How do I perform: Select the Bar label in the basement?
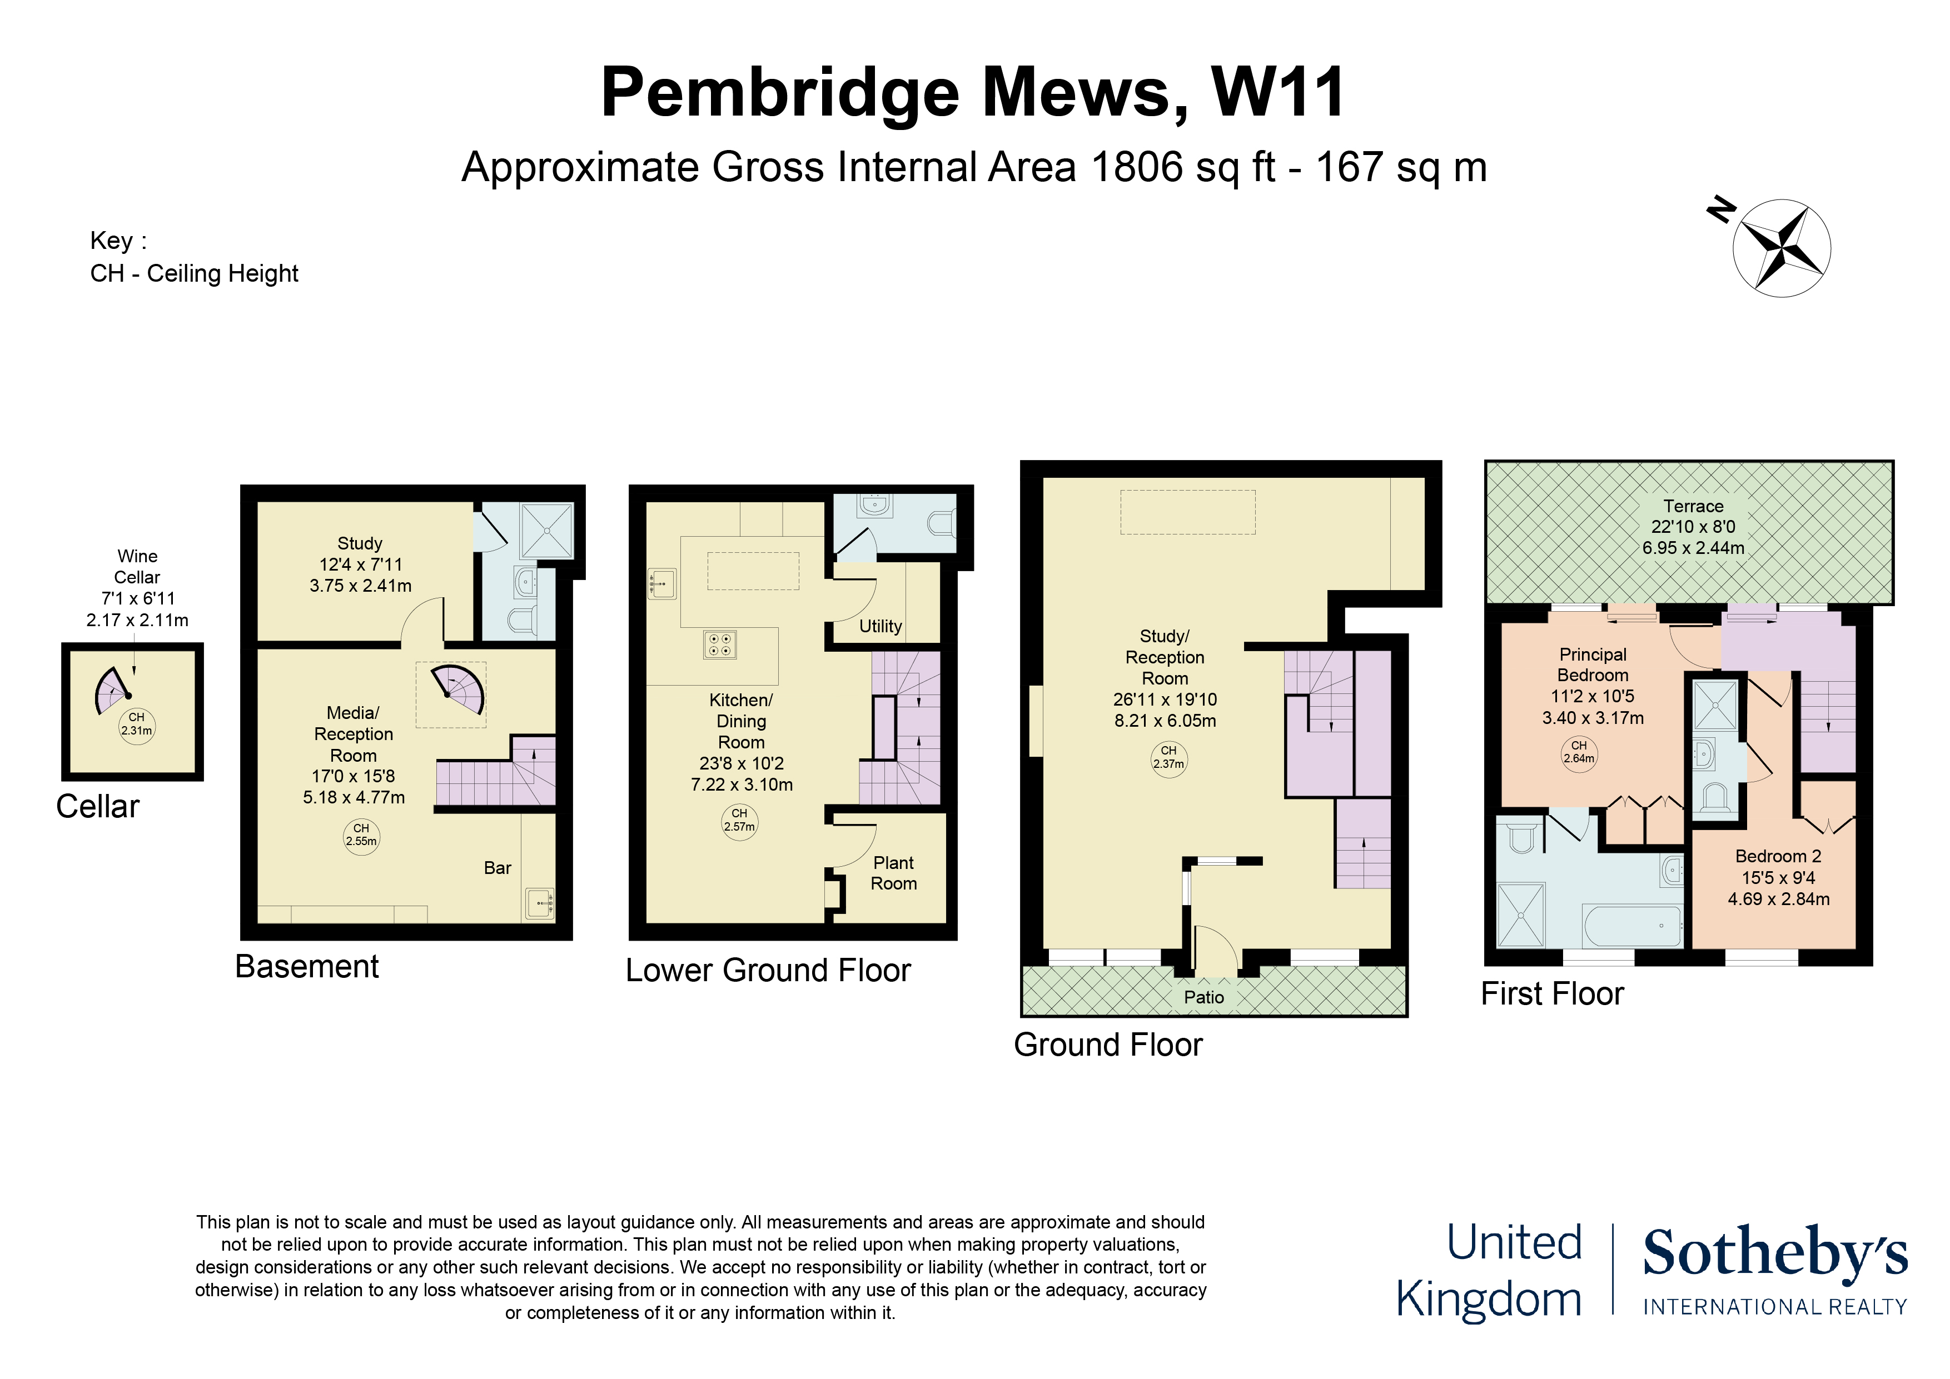pyautogui.click(x=497, y=868)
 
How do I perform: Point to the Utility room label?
pyautogui.click(x=880, y=626)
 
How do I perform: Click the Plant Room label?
pyautogui.click(x=893, y=873)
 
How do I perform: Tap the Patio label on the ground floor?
pyautogui.click(x=1203, y=997)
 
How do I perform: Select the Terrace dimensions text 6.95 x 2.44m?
pyautogui.click(x=1693, y=548)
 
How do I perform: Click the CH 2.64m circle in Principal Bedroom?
pyautogui.click(x=1579, y=752)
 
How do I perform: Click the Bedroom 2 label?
pyautogui.click(x=1778, y=856)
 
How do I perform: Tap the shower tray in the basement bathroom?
pyautogui.click(x=547, y=531)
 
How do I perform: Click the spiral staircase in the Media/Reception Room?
pyautogui.click(x=459, y=689)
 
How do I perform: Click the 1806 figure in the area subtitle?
pyautogui.click(x=1136, y=167)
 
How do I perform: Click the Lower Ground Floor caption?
pyautogui.click(x=768, y=970)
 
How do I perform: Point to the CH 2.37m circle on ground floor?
pyautogui.click(x=1168, y=757)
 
